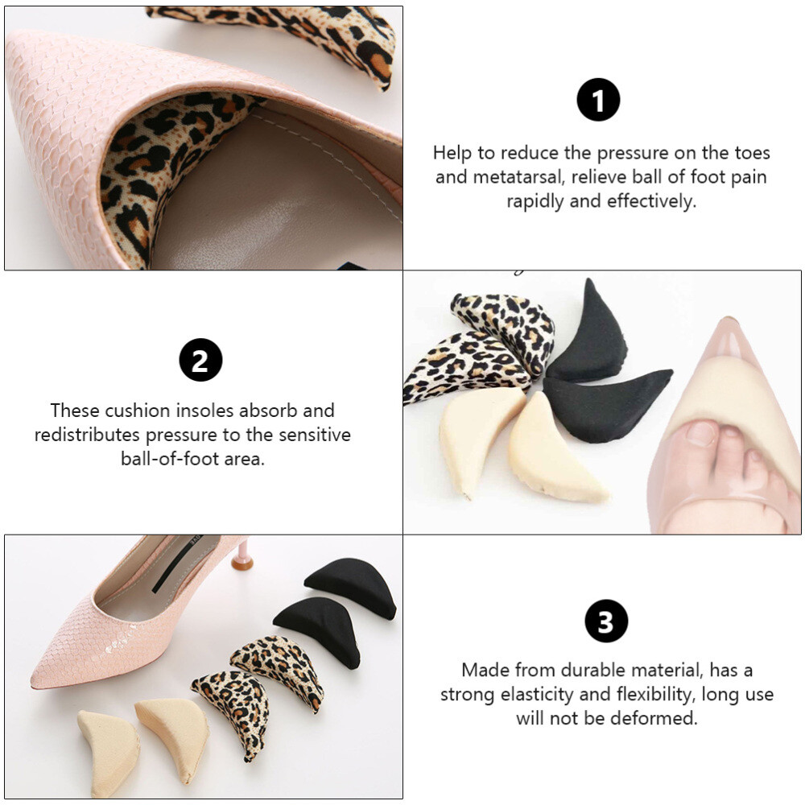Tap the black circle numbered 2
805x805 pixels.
[x=200, y=360]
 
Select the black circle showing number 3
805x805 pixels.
[x=605, y=622]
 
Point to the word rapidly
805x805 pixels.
[x=535, y=201]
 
